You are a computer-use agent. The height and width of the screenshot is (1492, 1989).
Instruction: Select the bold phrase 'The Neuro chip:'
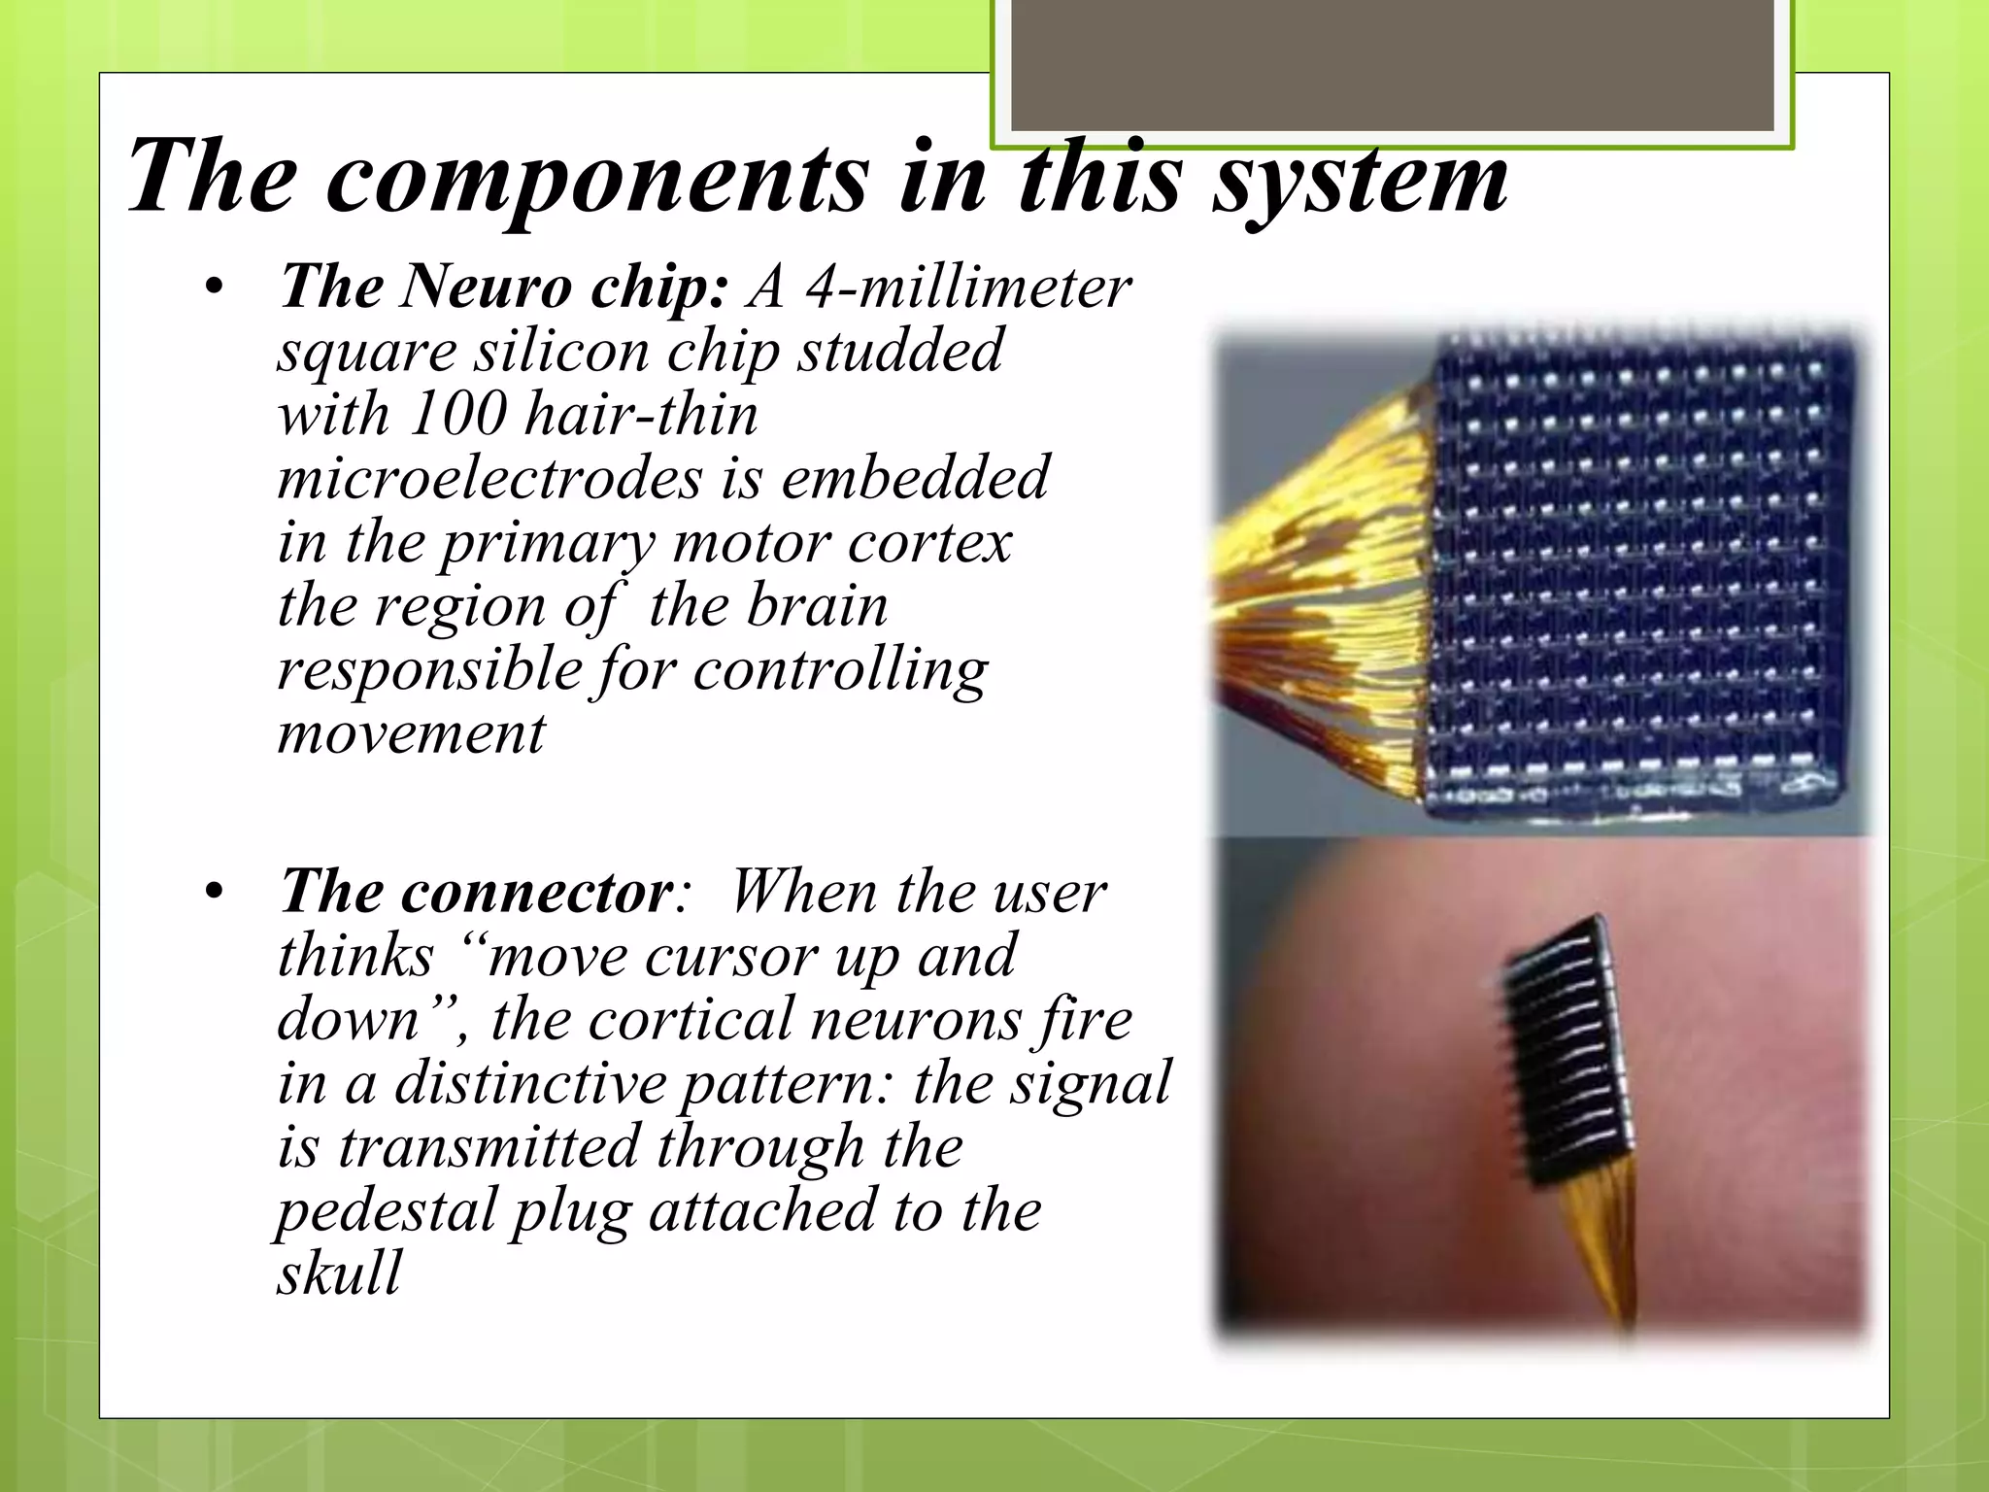(x=503, y=288)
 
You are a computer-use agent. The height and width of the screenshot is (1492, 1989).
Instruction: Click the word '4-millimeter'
(x=967, y=288)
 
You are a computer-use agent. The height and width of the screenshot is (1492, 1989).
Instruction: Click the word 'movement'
(x=412, y=732)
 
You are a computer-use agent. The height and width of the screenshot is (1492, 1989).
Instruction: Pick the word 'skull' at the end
(x=339, y=1273)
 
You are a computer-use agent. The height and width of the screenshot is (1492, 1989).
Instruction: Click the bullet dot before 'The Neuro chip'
(x=215, y=288)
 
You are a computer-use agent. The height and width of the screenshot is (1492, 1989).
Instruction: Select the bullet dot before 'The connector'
(x=215, y=892)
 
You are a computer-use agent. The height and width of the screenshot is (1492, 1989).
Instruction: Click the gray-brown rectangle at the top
(x=1392, y=66)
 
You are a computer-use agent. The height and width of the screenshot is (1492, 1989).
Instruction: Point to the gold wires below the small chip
(x=1607, y=1253)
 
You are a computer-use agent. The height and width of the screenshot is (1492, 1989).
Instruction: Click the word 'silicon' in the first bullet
(x=562, y=351)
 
